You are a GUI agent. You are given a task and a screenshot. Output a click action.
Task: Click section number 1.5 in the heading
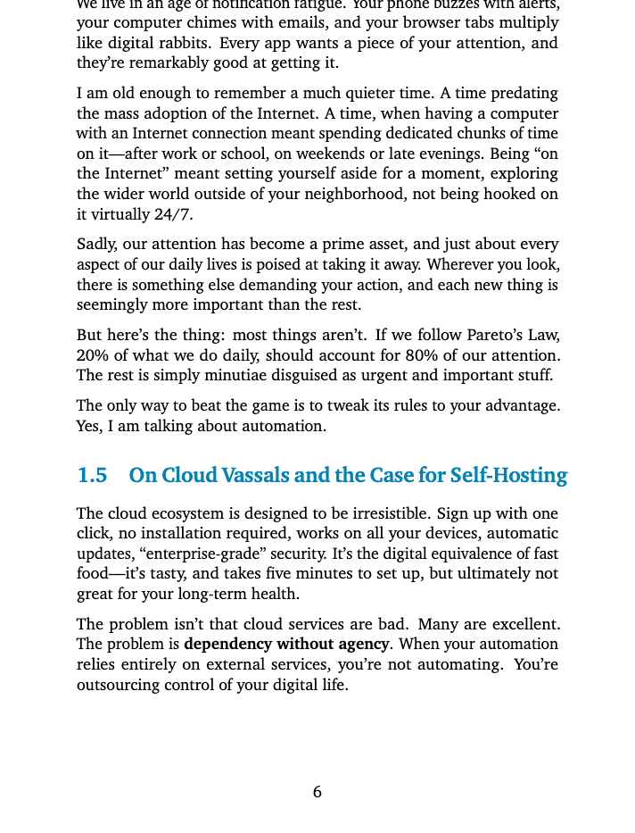point(92,475)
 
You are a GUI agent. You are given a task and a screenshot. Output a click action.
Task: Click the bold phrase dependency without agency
point(286,645)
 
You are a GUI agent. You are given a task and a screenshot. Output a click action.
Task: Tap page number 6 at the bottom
point(317,792)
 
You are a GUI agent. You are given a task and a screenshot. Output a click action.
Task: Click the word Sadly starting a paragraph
point(96,245)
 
